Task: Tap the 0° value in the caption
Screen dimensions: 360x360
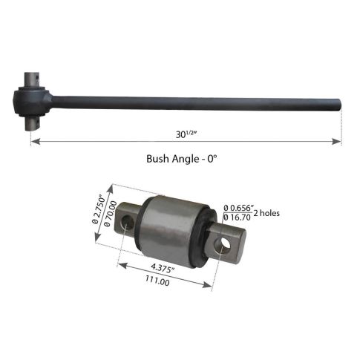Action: (x=217, y=159)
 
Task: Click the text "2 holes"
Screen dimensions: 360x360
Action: (x=267, y=214)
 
